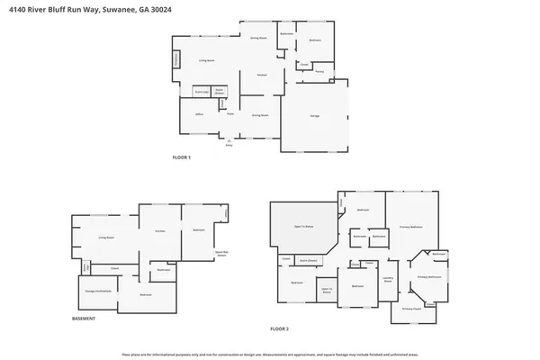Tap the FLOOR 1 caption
coord(183,157)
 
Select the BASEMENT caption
coord(85,319)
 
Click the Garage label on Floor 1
coord(315,116)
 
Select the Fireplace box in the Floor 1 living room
coord(176,59)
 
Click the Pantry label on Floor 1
coord(319,71)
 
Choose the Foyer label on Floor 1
coord(231,113)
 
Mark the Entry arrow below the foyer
coord(229,140)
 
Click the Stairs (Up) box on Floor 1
coord(202,92)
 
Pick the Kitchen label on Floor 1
coord(262,75)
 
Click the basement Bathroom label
coord(164,270)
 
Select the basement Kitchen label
coord(160,231)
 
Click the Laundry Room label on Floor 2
coord(389,280)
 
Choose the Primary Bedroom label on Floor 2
coord(411,227)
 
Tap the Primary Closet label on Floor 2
coord(412,309)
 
